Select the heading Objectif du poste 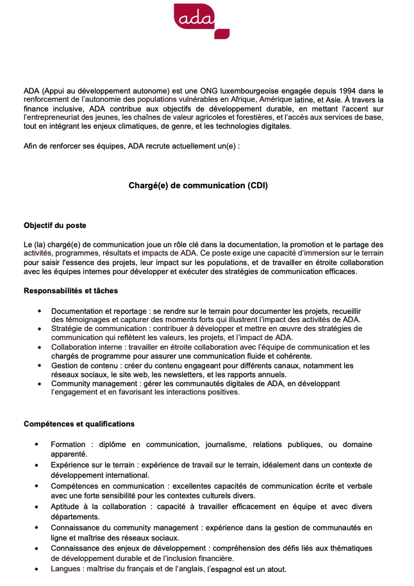click(x=54, y=225)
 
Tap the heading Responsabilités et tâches click(x=70, y=291)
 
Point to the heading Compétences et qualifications click(x=79, y=424)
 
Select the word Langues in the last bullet click(x=66, y=569)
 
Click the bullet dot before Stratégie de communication click(x=39, y=329)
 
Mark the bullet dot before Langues click(x=39, y=569)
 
